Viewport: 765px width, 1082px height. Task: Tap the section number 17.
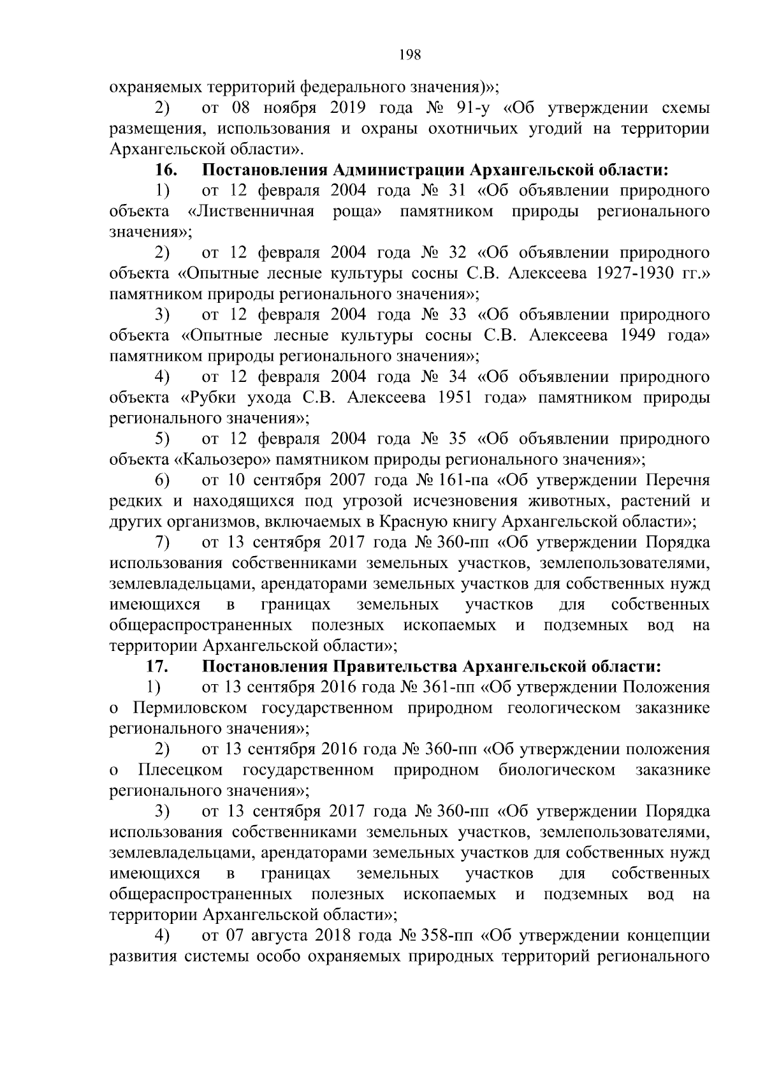point(157,666)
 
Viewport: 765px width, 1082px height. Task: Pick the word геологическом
point(564,708)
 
